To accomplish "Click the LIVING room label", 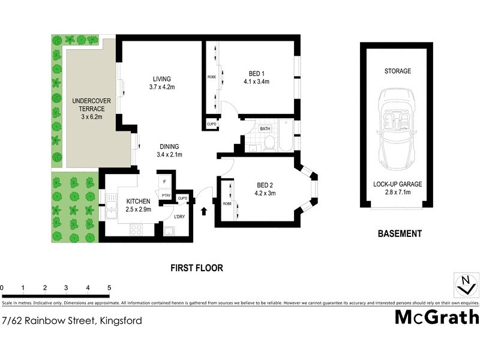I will [x=161, y=79].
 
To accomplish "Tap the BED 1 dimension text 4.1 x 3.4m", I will [x=259, y=82].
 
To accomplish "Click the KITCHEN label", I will [x=138, y=201].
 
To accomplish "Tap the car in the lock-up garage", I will [x=396, y=128].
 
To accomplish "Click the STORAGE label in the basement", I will [x=398, y=71].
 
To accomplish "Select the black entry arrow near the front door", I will [x=205, y=211].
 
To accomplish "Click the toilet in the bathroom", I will [x=269, y=143].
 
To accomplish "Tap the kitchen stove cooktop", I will [x=136, y=229].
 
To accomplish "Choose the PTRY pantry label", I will [x=166, y=195].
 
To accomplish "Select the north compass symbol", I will [x=463, y=284].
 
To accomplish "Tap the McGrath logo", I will [x=436, y=317].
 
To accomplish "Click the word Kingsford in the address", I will [x=120, y=320].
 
